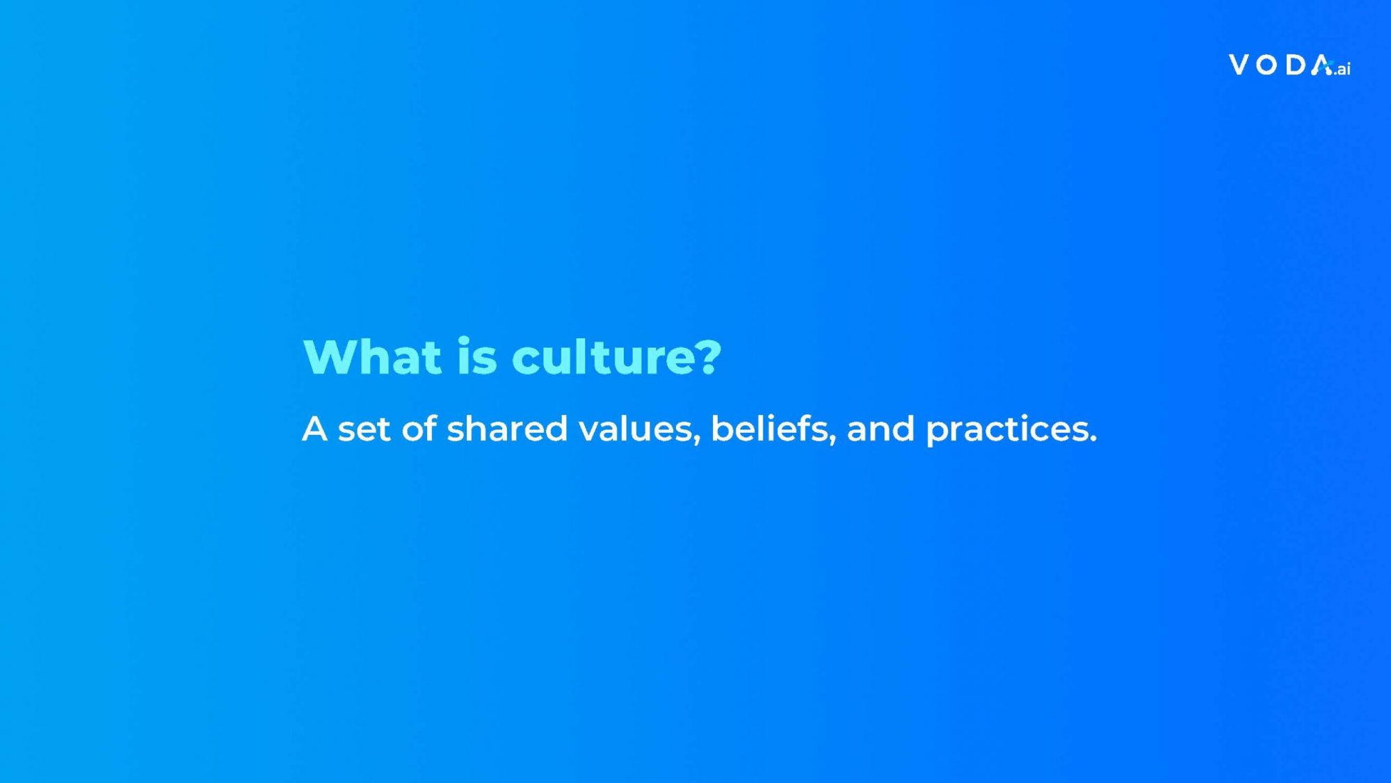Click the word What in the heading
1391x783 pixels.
373,357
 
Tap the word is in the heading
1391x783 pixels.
477,357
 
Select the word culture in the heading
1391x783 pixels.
602,357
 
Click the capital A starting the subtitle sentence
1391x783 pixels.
314,429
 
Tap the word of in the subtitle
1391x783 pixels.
419,429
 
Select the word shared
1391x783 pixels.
507,429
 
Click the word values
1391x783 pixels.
636,429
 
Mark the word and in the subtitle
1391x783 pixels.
881,429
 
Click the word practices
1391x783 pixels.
1007,430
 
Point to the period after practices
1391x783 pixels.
1093,440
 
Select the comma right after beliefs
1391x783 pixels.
833,440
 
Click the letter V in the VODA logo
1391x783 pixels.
1239,65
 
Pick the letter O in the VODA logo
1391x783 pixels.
1267,65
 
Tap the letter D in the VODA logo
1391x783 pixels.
1296,65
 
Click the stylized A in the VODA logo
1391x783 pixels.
1322,65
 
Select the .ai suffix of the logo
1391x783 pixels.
1342,69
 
